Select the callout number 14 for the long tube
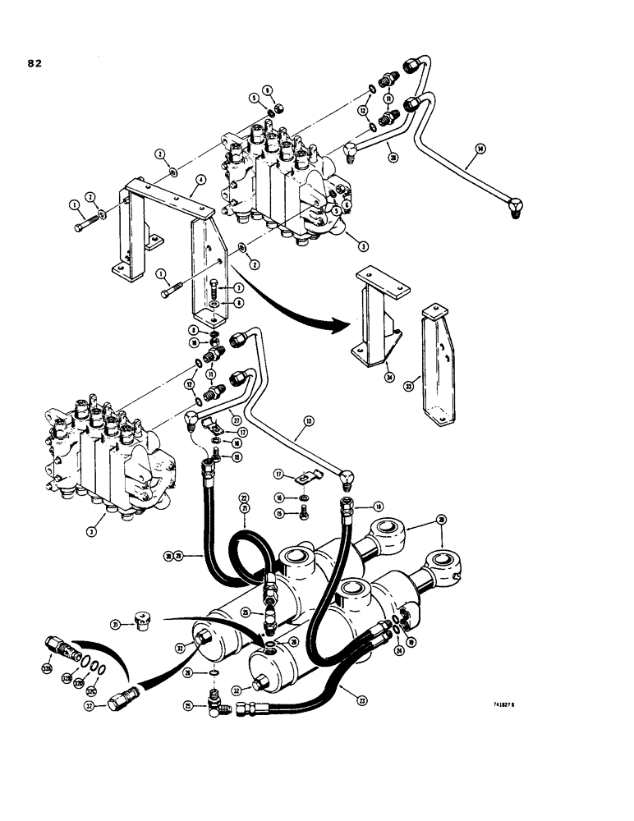pyautogui.click(x=480, y=149)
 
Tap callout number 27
pyautogui.click(x=237, y=414)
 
